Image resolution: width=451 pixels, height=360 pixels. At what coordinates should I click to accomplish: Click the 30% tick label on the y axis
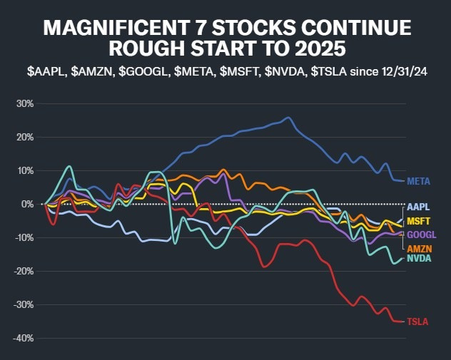click(x=25, y=103)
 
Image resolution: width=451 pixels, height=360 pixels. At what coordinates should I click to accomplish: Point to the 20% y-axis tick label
click(x=25, y=137)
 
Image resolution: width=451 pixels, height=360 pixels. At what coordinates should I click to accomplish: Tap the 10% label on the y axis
click(x=25, y=170)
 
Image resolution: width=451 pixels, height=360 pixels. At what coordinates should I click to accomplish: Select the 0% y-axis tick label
click(x=28, y=204)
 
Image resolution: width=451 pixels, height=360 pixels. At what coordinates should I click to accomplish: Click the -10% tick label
click(x=24, y=237)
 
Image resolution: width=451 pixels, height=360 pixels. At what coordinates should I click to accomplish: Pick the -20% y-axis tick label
click(x=24, y=271)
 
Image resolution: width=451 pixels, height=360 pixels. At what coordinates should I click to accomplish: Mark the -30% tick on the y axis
click(x=24, y=304)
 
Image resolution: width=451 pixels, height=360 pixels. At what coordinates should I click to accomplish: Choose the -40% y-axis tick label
click(x=24, y=338)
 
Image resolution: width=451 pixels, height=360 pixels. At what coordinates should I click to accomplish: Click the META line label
click(x=417, y=182)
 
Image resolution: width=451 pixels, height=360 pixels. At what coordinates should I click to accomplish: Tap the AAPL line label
click(x=418, y=205)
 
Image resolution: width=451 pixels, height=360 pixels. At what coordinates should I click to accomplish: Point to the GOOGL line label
click(x=421, y=235)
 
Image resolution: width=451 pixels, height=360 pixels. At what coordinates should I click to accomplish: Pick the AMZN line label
click(x=419, y=249)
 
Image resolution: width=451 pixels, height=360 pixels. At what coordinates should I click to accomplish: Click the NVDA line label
click(x=418, y=259)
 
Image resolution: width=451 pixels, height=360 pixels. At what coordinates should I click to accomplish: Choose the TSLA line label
click(x=417, y=322)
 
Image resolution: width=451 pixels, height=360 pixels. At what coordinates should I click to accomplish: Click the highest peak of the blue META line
click(x=288, y=118)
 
